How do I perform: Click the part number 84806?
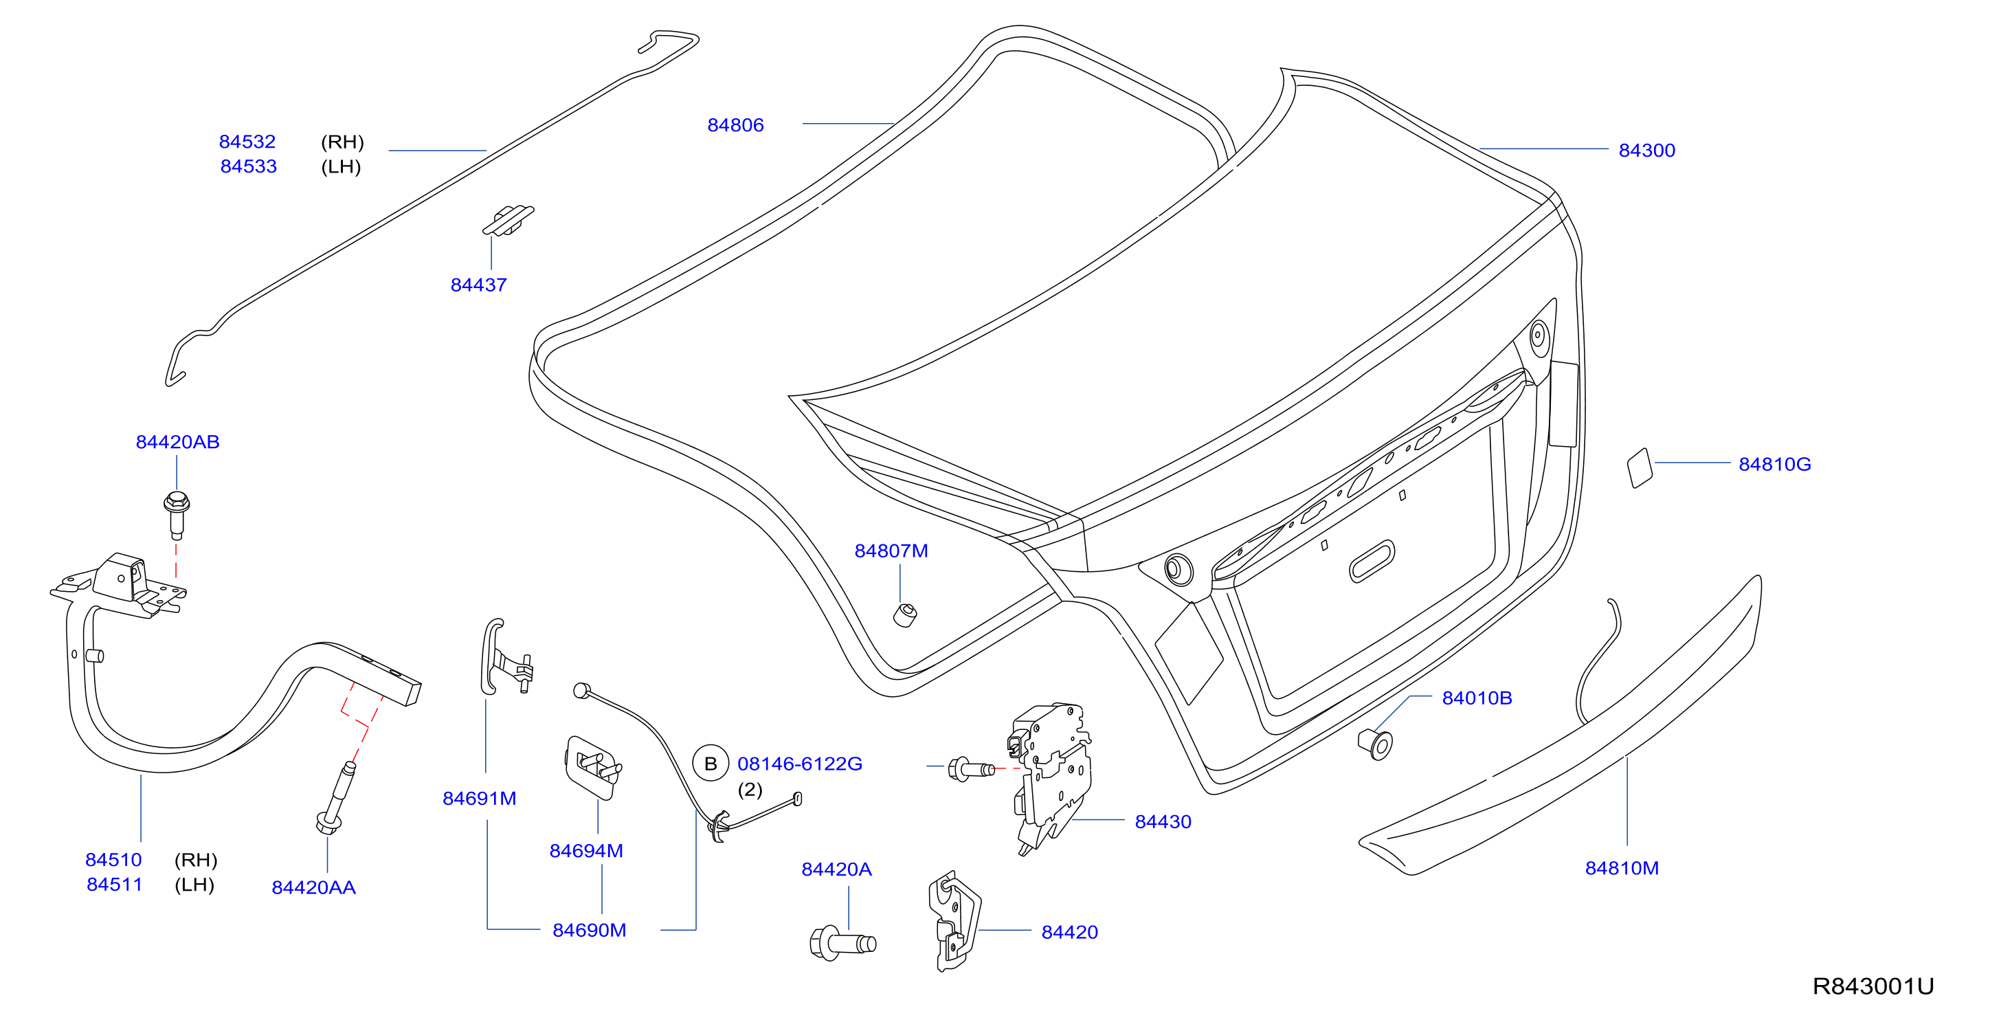735,125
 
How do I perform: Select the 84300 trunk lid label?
1646,150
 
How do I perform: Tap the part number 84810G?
1774,464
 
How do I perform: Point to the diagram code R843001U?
1873,986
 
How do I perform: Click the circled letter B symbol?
711,763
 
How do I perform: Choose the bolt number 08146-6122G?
800,763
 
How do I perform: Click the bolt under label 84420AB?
177,515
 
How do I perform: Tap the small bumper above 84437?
508,219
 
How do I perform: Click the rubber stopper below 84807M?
905,614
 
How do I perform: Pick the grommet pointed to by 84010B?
1376,744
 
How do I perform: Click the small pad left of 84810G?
1640,468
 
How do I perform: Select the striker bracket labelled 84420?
954,921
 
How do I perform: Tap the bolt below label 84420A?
842,944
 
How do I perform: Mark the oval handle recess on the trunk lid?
1372,562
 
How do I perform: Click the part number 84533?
248,166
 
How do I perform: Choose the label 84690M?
589,930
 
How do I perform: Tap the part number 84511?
114,884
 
